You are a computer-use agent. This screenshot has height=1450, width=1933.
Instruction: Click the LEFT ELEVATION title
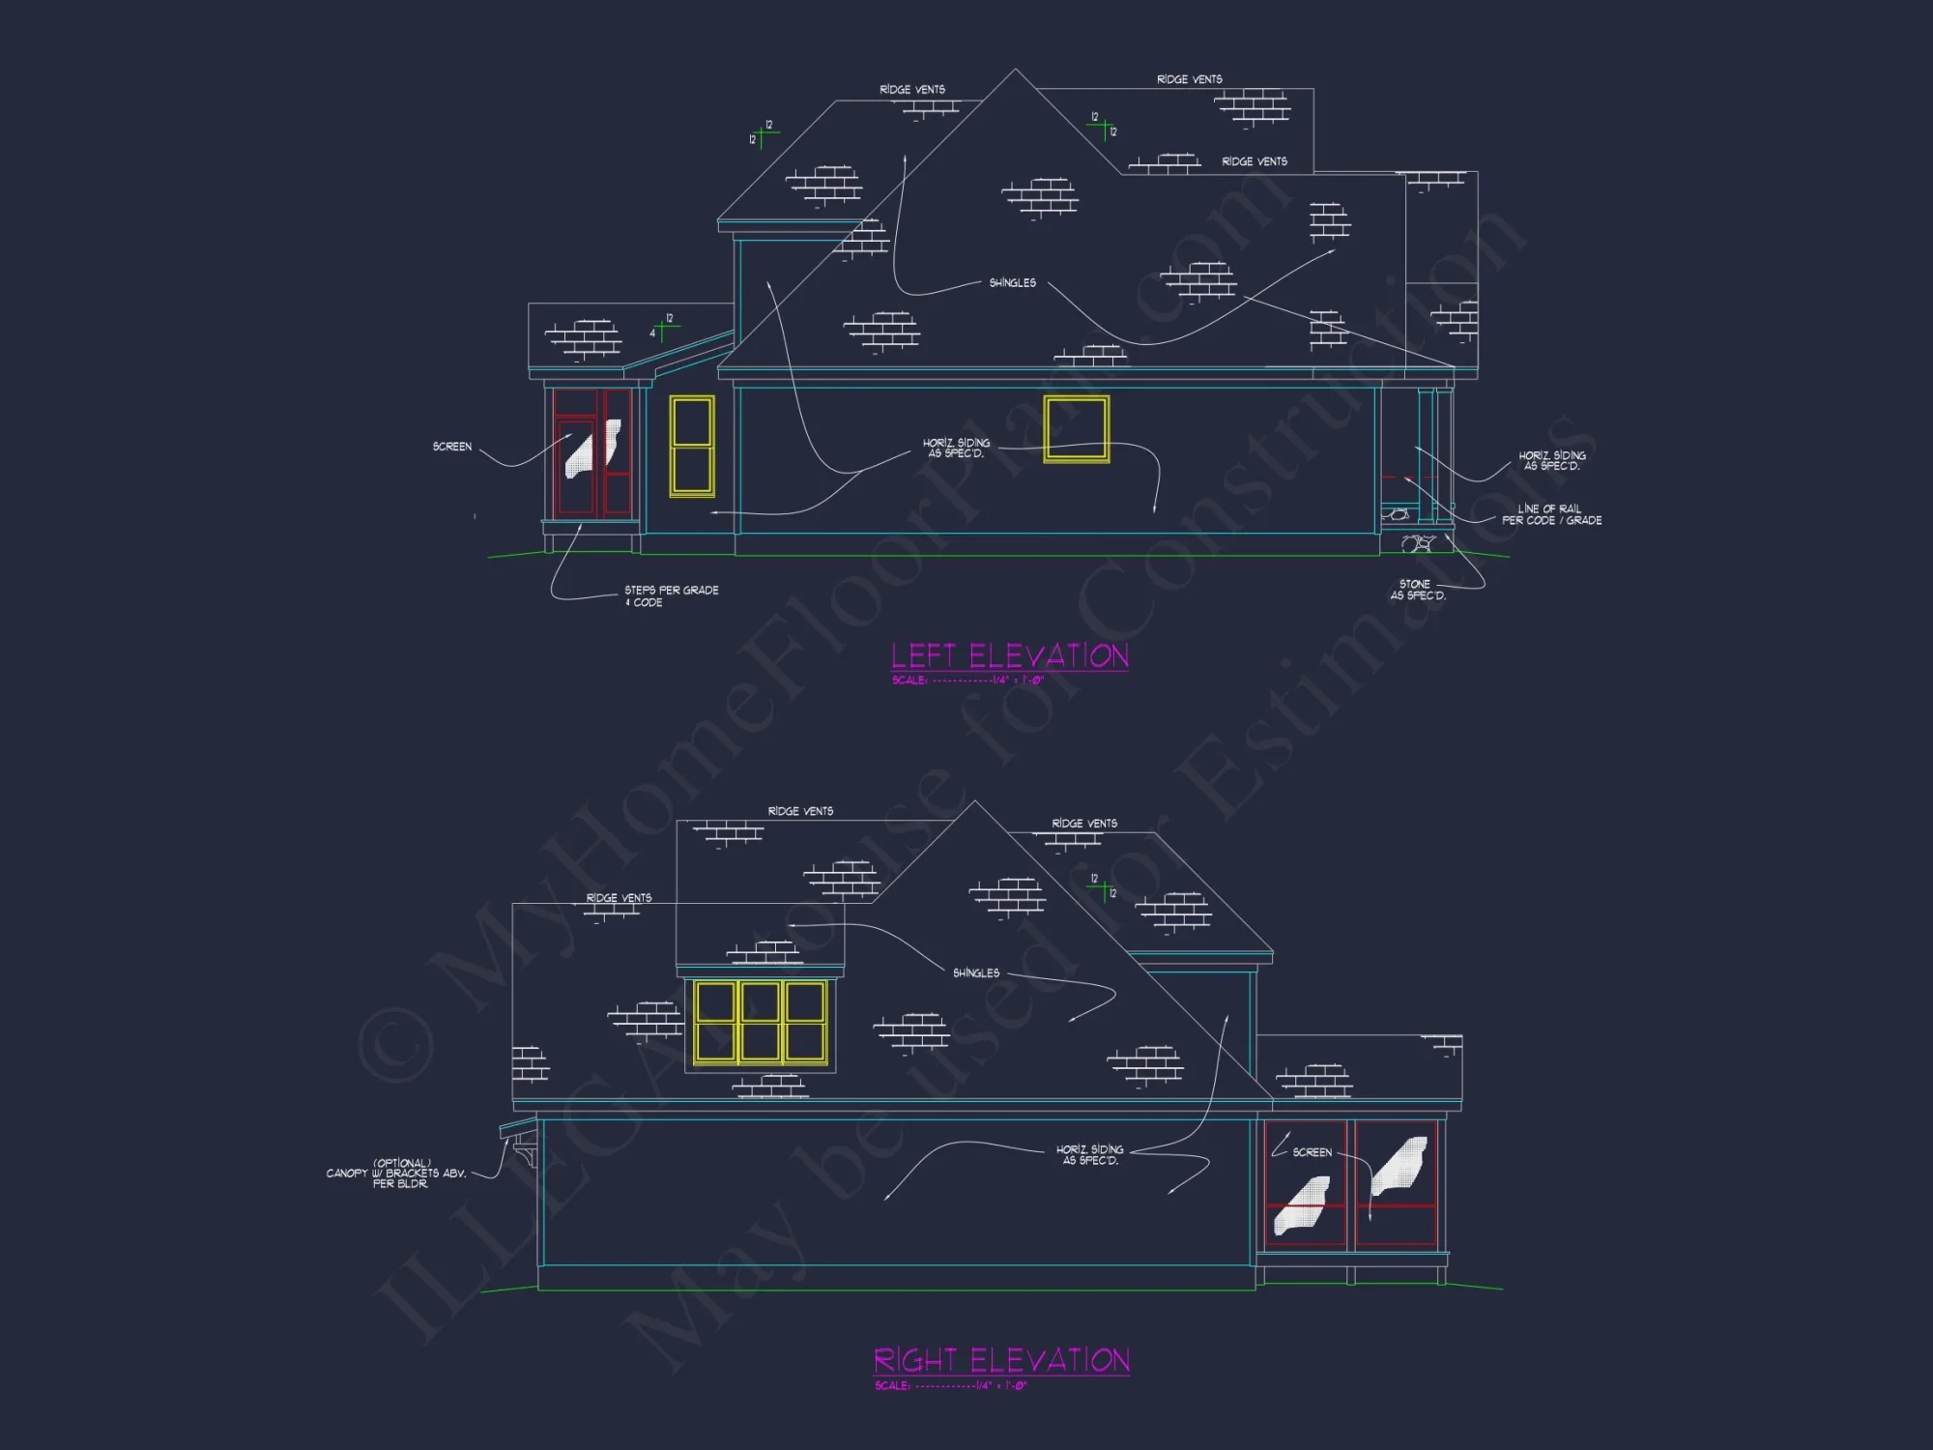pyautogui.click(x=1009, y=656)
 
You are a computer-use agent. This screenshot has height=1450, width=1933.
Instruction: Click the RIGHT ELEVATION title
pyautogui.click(x=1001, y=1361)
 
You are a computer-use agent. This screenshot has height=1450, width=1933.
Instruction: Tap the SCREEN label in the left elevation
pyautogui.click(x=452, y=447)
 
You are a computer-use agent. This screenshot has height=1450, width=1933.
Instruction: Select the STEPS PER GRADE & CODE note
pyautogui.click(x=671, y=596)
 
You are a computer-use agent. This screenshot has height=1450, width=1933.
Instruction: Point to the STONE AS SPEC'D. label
pyautogui.click(x=1417, y=590)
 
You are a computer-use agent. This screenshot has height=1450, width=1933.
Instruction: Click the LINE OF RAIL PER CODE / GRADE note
pyautogui.click(x=1551, y=514)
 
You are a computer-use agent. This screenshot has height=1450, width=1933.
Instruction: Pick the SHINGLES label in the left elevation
pyautogui.click(x=1012, y=283)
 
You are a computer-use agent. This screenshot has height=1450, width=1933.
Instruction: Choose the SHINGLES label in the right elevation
pyautogui.click(x=976, y=973)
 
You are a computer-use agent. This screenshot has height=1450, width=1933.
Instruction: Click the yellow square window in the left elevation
pyautogui.click(x=1076, y=428)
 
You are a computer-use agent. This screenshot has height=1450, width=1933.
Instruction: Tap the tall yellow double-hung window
pyautogui.click(x=692, y=446)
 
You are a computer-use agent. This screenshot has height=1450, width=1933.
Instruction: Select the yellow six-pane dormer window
pyautogui.click(x=760, y=1023)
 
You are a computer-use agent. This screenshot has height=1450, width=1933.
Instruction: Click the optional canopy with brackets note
pyautogui.click(x=396, y=1174)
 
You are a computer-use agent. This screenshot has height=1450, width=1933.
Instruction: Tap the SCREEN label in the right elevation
pyautogui.click(x=1312, y=1152)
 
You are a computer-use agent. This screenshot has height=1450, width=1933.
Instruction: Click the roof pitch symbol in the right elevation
pyautogui.click(x=1102, y=886)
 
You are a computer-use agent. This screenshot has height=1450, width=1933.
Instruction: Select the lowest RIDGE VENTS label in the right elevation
pyautogui.click(x=619, y=898)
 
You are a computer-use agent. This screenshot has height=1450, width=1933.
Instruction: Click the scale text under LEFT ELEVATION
pyautogui.click(x=967, y=681)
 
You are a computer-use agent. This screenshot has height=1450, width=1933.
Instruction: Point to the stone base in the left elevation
pyautogui.click(x=1417, y=543)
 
